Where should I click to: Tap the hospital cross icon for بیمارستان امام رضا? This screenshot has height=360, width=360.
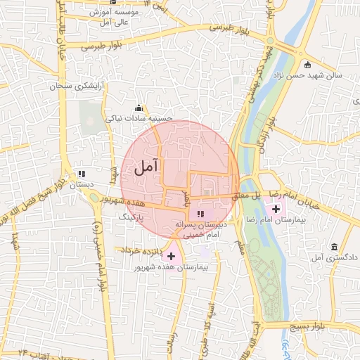pyautogui.click(x=275, y=208)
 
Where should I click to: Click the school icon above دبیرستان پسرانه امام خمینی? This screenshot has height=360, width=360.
pyautogui.click(x=200, y=213)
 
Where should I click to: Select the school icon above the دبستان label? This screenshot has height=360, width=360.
pyautogui.click(x=82, y=173)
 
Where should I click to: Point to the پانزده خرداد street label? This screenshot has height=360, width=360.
pyautogui.click(x=141, y=250)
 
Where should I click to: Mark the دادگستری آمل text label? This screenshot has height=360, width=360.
pyautogui.click(x=334, y=258)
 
